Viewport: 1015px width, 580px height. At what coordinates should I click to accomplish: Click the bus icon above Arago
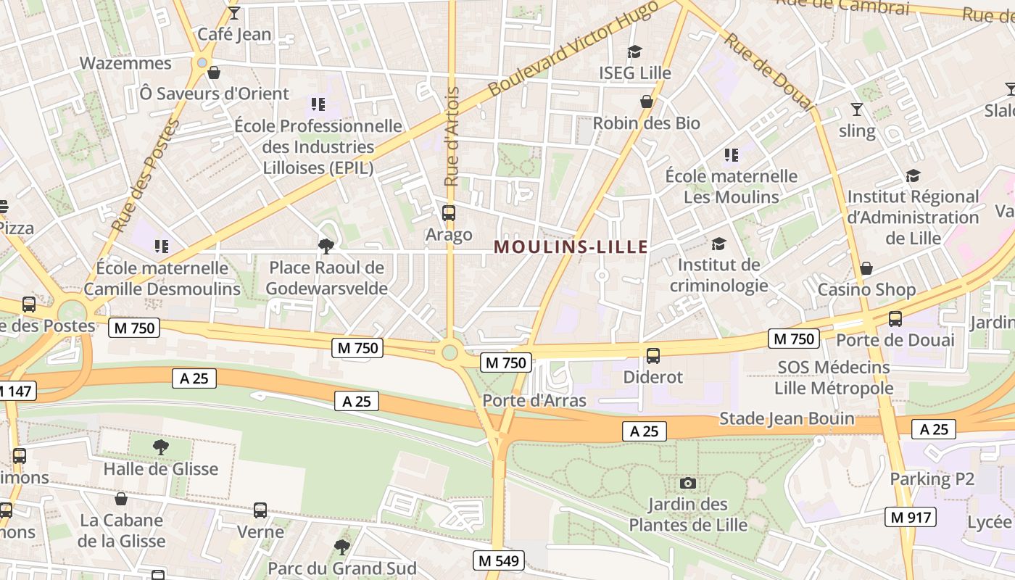(x=449, y=213)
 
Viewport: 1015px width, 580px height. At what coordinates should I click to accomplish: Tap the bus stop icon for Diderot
(x=653, y=355)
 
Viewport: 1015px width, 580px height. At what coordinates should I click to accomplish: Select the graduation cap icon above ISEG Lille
(x=635, y=51)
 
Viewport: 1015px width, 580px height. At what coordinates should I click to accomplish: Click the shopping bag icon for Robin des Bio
(x=647, y=101)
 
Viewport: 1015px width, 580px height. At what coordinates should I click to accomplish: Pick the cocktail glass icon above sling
(x=857, y=109)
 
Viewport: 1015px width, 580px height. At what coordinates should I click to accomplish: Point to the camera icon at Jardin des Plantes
(x=688, y=483)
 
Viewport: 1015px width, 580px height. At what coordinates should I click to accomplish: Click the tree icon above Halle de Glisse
(x=161, y=447)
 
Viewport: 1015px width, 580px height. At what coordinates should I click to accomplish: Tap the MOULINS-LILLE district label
(x=571, y=247)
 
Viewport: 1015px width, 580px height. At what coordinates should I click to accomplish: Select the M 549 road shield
(x=498, y=560)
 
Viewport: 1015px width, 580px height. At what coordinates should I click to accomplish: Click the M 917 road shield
(x=911, y=517)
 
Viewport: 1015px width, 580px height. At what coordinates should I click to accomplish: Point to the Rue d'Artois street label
(x=452, y=137)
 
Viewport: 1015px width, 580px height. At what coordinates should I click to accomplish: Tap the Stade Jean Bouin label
(x=787, y=419)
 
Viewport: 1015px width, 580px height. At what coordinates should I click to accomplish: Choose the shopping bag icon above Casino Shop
(x=866, y=269)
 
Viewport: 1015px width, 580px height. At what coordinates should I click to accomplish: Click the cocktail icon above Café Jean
(x=233, y=13)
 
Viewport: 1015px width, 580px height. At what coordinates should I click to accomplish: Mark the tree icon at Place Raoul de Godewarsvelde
(x=326, y=246)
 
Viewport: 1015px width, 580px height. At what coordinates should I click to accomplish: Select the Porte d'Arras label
(x=534, y=400)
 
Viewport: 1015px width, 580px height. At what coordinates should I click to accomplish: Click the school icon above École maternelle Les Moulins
(x=731, y=155)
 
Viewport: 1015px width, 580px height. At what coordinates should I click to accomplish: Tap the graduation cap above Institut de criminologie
(x=718, y=244)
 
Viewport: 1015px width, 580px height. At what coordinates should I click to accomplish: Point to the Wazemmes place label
(x=125, y=63)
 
